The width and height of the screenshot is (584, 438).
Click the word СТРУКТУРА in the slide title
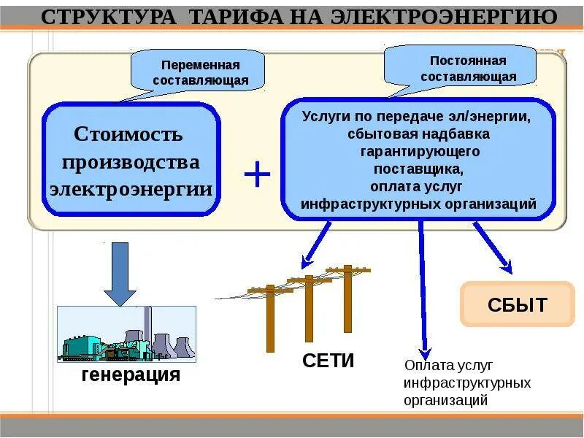[x=108, y=17]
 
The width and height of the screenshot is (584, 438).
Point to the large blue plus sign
[x=257, y=175]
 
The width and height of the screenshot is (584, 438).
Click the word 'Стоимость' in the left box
[x=128, y=134]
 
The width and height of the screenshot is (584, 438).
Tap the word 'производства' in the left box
[x=131, y=161]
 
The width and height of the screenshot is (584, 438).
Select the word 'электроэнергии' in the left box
[x=131, y=189]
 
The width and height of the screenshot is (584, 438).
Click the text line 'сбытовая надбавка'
[x=419, y=134]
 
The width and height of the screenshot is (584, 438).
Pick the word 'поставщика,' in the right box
[x=419, y=169]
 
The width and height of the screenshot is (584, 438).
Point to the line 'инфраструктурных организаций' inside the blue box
[x=419, y=204]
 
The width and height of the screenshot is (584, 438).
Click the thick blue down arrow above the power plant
[x=120, y=275]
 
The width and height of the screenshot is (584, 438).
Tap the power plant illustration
[x=126, y=334]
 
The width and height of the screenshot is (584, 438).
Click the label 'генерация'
[x=131, y=375]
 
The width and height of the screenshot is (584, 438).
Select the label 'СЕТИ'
[x=328, y=360]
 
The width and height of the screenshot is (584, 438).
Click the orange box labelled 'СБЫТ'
[x=517, y=304]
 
